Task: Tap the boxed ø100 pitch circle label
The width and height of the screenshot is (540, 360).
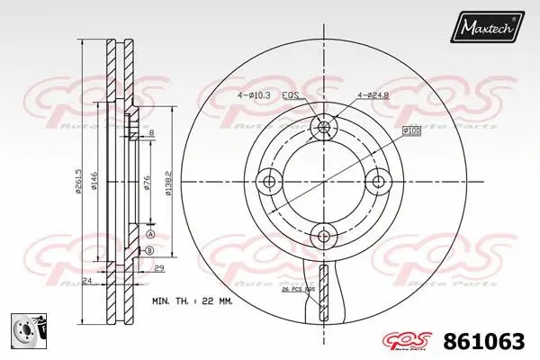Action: [x=412, y=132]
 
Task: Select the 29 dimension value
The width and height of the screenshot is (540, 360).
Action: [x=157, y=269]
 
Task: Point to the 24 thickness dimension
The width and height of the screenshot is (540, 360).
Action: [x=86, y=282]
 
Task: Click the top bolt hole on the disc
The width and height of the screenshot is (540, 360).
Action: [x=322, y=128]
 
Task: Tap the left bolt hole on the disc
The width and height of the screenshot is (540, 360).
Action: [x=268, y=182]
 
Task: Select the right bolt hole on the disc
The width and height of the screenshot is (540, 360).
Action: [x=376, y=182]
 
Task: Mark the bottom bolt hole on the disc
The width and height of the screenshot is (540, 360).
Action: [x=322, y=236]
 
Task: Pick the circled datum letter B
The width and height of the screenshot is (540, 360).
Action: [x=150, y=249]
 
